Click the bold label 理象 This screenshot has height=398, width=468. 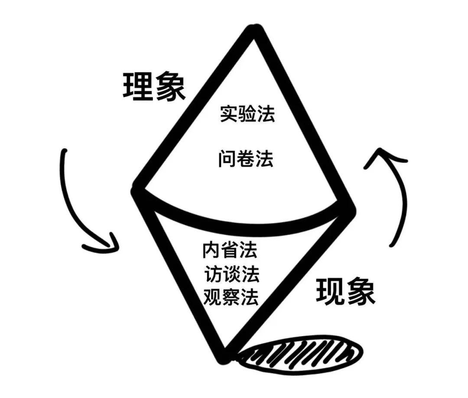(154, 87)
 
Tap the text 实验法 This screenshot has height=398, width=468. (247, 113)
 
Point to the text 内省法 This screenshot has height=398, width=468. (230, 249)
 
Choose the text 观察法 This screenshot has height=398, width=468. (231, 296)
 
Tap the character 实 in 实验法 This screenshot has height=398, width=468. (229, 113)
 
